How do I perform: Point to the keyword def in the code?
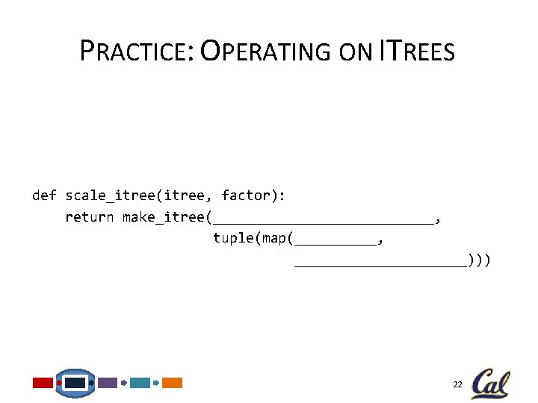click(x=44, y=196)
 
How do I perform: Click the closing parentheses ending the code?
click(x=479, y=260)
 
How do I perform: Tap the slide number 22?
click(x=457, y=384)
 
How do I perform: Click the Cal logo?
click(x=491, y=384)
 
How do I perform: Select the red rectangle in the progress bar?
click(x=43, y=383)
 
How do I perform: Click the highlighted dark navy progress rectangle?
click(x=75, y=383)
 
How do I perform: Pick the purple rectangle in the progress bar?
click(x=108, y=383)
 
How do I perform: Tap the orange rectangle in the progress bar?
click(x=173, y=383)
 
